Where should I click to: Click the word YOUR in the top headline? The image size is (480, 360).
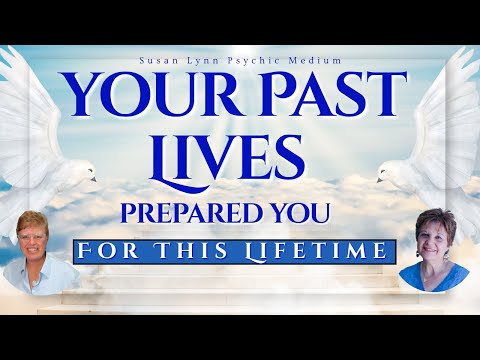pos(141,96)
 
